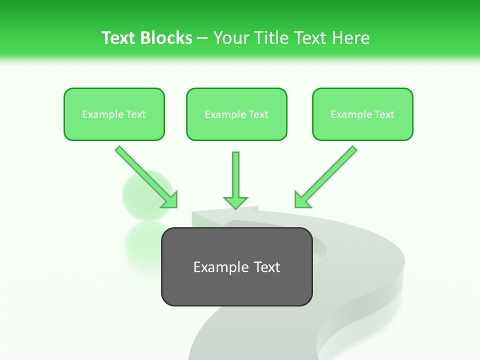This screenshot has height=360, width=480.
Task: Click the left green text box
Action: coord(114,114)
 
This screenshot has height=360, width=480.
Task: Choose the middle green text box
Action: coord(236,114)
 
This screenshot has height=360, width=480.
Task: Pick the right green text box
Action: coord(362,114)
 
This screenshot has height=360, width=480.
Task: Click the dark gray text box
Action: coord(236,266)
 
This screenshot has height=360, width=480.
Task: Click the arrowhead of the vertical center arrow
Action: coord(235,202)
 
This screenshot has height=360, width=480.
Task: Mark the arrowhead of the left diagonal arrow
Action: coord(170,200)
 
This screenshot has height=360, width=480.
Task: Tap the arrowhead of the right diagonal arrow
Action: coord(302,200)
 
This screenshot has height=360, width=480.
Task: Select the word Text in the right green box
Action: coord(384,114)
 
